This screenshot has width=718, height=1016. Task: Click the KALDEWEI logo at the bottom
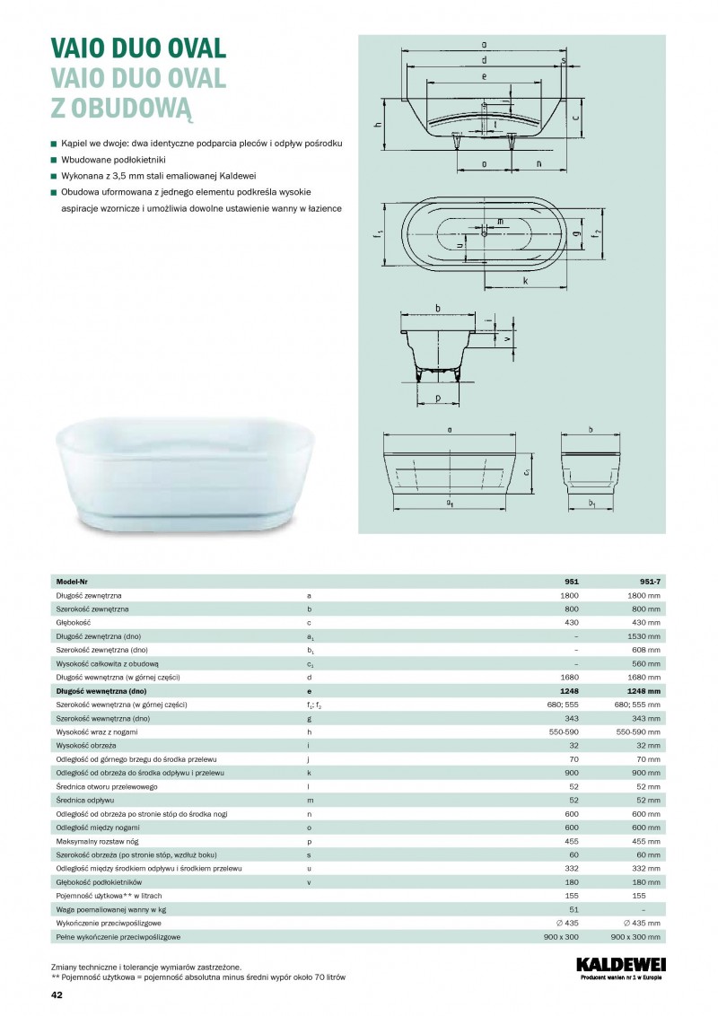(x=618, y=966)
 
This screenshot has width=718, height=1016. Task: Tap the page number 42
(x=57, y=995)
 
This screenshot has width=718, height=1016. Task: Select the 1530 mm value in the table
(x=644, y=636)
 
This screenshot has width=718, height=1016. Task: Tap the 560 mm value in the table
(x=646, y=664)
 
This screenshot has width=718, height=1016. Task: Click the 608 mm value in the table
(x=646, y=650)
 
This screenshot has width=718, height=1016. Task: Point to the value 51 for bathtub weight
(x=574, y=909)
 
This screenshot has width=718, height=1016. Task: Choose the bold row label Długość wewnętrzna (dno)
(x=101, y=691)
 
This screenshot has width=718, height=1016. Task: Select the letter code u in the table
(x=309, y=869)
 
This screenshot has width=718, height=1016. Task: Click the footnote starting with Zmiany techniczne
(x=145, y=967)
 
